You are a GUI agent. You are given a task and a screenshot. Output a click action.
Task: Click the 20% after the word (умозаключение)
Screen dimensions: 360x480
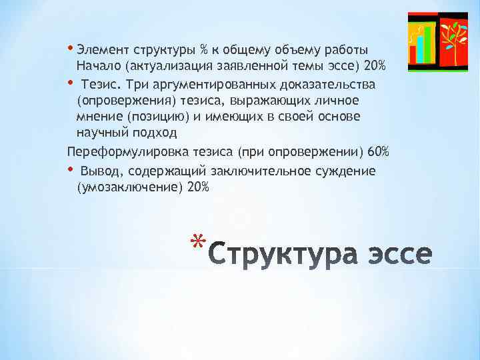coord(198,187)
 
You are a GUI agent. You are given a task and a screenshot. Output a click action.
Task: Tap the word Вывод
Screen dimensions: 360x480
coord(99,171)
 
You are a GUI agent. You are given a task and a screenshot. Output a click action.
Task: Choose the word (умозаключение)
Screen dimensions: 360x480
coord(130,187)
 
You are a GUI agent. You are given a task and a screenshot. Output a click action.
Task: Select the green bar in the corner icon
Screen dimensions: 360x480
coord(429,44)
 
